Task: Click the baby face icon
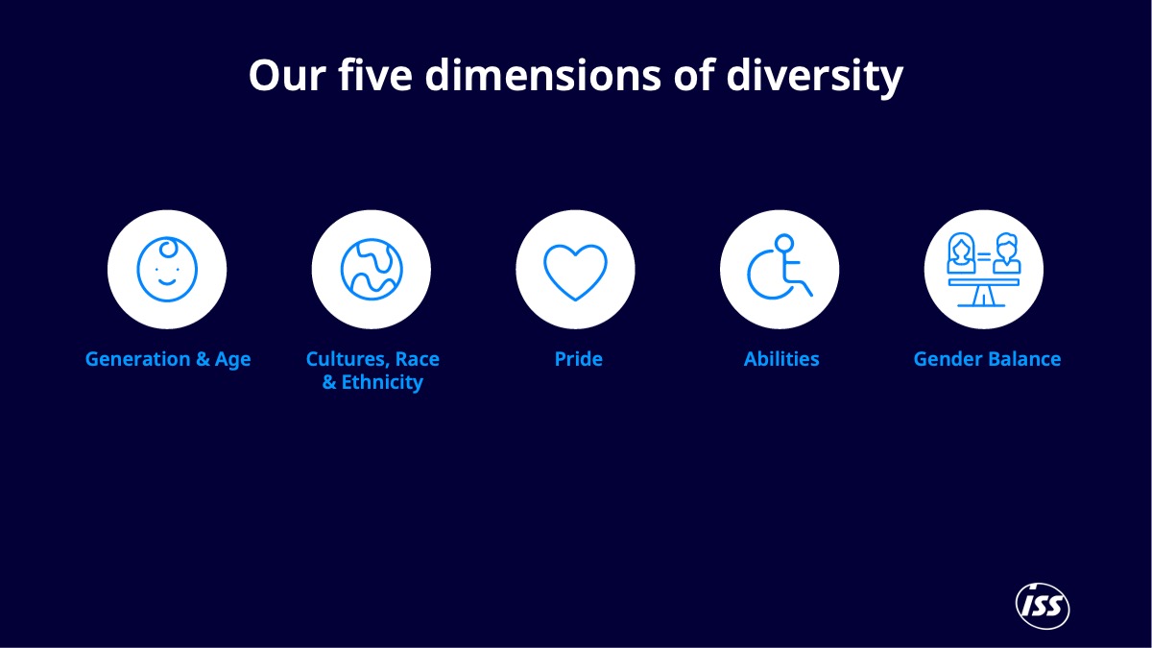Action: [x=167, y=269]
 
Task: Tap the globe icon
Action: [x=372, y=269]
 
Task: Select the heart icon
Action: [x=575, y=271]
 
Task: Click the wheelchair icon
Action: [x=780, y=268]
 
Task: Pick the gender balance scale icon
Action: [x=983, y=270]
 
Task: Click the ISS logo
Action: [x=1043, y=607]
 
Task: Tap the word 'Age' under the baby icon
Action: [x=232, y=360]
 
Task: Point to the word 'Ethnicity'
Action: [x=382, y=382]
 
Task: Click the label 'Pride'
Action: [x=579, y=359]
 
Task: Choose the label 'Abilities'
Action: [x=781, y=359]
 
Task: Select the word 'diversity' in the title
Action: [x=814, y=76]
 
